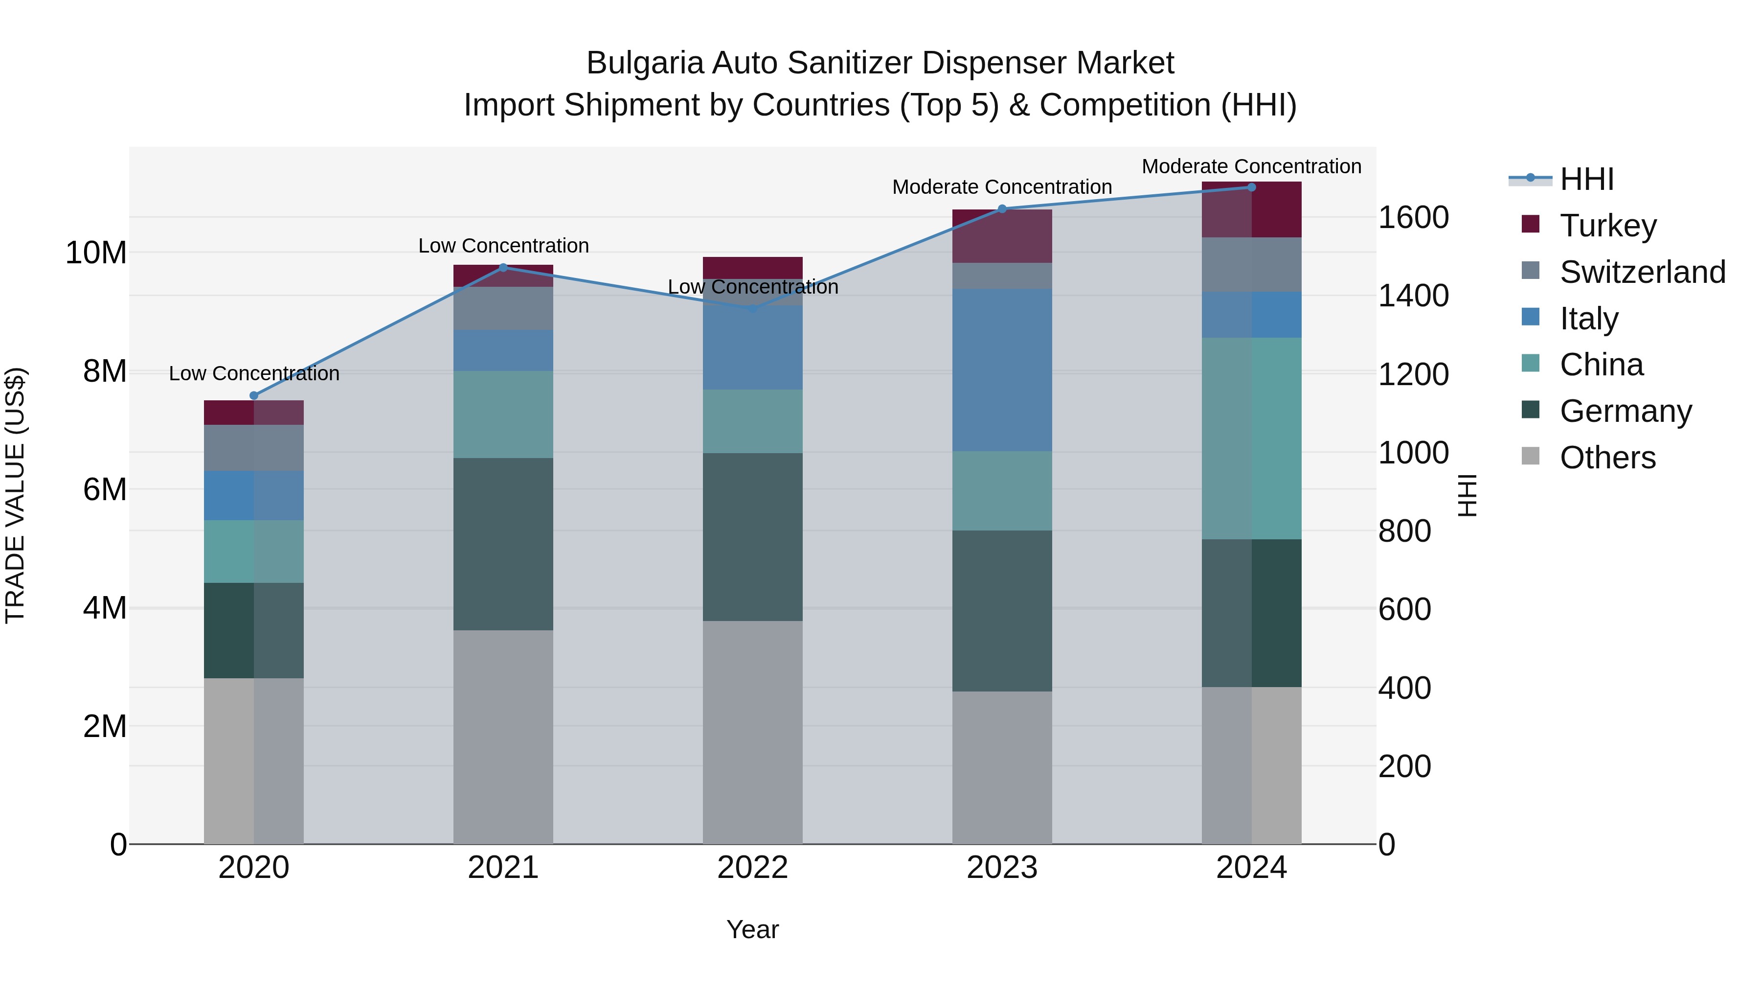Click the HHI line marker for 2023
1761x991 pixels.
point(1002,208)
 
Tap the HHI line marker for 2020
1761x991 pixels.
point(253,395)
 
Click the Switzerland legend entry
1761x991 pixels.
point(1641,272)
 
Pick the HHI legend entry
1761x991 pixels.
point(1586,179)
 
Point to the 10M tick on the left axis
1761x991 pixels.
point(96,253)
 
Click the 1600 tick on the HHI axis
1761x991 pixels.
point(1412,217)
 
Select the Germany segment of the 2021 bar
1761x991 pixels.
point(503,544)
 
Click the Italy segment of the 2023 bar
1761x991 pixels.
point(1002,369)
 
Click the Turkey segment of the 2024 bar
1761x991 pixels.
point(1252,210)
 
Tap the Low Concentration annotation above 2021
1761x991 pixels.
point(503,246)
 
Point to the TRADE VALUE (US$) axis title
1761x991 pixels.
point(15,495)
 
